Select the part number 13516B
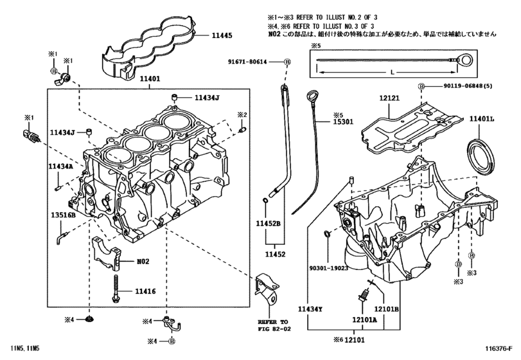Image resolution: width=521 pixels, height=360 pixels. click(63, 215)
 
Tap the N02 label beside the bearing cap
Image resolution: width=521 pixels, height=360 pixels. click(142, 262)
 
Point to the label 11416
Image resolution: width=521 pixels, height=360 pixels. click(146, 292)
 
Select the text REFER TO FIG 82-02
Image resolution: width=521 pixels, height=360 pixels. click(273, 325)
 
